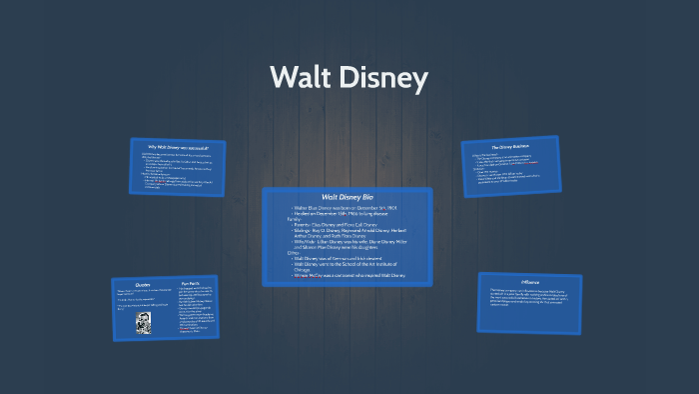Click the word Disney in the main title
click(385, 77)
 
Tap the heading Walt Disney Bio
click(347, 196)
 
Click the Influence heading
click(528, 282)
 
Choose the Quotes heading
click(142, 283)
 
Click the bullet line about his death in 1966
click(340, 214)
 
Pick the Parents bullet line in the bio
click(338, 226)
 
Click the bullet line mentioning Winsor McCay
click(349, 276)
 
